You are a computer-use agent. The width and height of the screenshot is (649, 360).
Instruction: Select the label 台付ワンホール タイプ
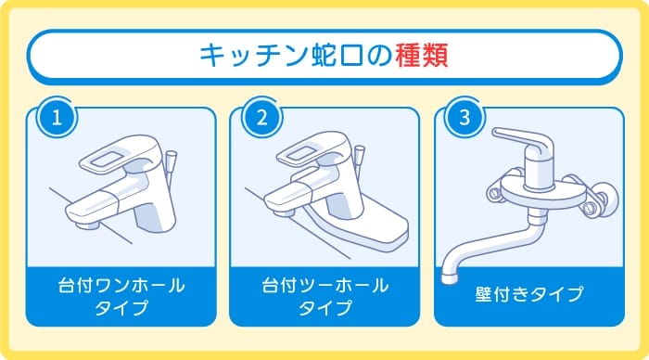click(121, 296)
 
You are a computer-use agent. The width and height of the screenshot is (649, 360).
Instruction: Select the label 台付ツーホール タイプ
click(324, 296)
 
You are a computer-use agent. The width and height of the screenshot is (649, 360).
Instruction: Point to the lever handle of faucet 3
click(506, 137)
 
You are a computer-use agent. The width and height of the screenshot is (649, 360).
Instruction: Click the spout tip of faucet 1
click(86, 223)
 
